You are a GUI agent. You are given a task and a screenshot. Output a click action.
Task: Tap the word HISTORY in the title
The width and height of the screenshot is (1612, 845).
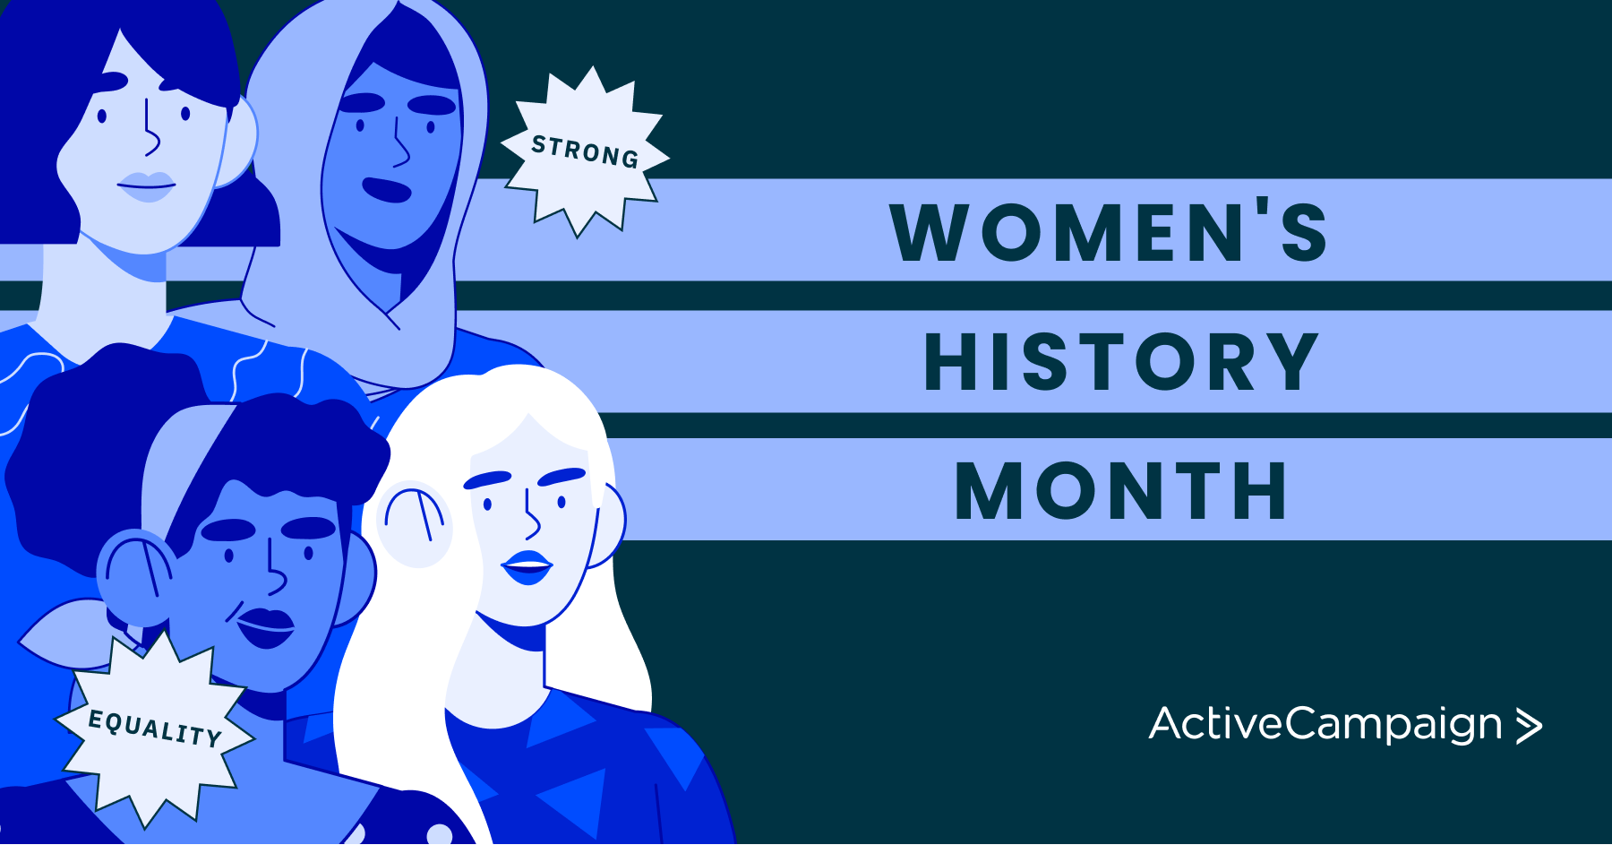click(x=1121, y=362)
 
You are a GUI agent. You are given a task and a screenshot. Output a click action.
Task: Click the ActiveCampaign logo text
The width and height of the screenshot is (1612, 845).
click(x=1325, y=725)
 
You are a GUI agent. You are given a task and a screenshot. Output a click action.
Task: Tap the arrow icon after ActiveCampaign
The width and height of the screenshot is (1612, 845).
click(x=1529, y=726)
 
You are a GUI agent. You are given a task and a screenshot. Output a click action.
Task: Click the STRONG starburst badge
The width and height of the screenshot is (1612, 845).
click(x=585, y=151)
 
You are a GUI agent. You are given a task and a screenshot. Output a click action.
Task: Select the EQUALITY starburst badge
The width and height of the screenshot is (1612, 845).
click(x=155, y=727)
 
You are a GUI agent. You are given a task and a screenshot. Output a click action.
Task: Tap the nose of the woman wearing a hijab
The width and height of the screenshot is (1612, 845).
click(x=399, y=143)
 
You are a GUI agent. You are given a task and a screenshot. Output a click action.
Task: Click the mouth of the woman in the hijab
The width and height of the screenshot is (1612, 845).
click(x=387, y=190)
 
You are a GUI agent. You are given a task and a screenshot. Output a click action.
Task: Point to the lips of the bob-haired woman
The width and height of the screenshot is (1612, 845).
click(x=147, y=186)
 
